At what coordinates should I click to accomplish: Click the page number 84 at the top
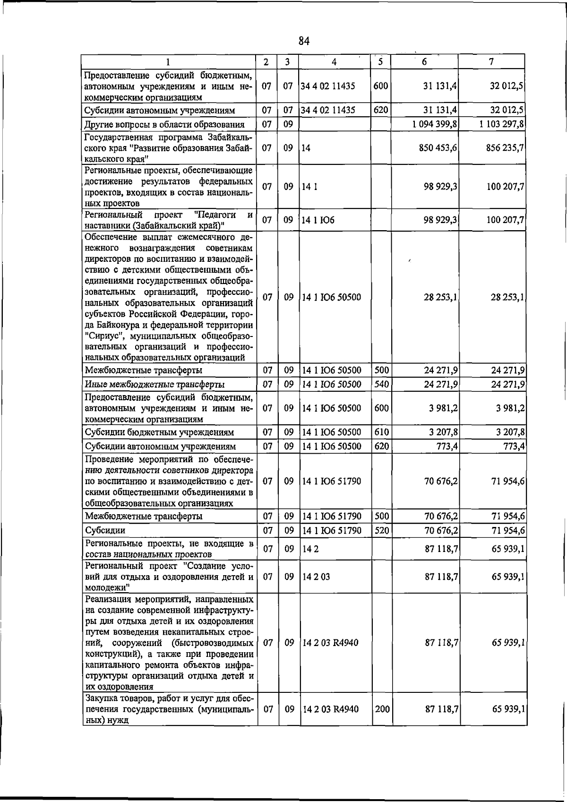(x=304, y=41)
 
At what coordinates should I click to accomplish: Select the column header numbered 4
(x=334, y=62)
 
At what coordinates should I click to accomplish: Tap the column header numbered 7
(x=491, y=62)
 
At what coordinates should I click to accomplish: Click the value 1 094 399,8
(x=434, y=124)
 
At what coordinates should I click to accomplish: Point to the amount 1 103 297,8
(x=501, y=124)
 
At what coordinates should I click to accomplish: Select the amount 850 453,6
(x=438, y=148)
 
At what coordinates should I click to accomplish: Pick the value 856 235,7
(x=505, y=148)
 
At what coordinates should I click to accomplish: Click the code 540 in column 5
(x=381, y=384)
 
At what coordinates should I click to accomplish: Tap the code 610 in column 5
(x=381, y=432)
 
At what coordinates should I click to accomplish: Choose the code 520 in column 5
(x=381, y=530)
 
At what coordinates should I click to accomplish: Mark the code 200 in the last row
(x=382, y=709)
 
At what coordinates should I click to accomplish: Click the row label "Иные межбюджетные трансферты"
(x=155, y=384)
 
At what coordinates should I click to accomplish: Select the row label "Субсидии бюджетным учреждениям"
(x=159, y=432)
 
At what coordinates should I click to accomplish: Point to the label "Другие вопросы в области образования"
(x=164, y=125)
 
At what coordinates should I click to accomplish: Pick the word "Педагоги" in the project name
(x=218, y=215)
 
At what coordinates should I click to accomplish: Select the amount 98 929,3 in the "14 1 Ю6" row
(x=440, y=220)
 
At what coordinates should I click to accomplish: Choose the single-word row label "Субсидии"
(x=105, y=531)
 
